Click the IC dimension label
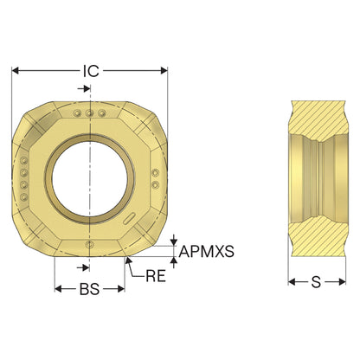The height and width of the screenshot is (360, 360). coord(91,71)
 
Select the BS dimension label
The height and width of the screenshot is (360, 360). coord(89,289)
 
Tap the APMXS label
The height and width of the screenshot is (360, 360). coord(206,252)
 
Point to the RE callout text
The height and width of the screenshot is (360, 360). coord(156,276)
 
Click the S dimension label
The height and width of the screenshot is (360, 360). coord(316,282)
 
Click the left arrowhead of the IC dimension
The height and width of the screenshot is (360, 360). coord(15,70)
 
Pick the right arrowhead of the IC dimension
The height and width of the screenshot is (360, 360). coord(164,70)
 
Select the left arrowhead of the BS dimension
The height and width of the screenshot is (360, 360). coord(59,289)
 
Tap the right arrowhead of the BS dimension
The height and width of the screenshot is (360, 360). coord(121,289)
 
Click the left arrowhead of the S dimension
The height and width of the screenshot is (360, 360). coord(292,282)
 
